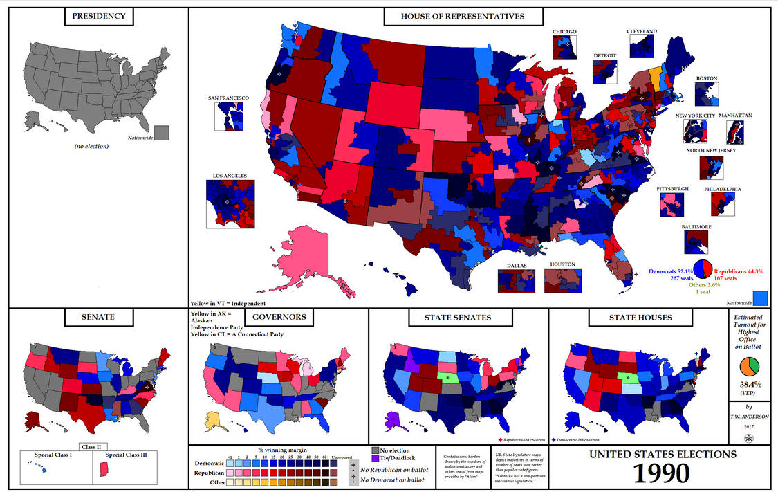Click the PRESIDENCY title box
99,17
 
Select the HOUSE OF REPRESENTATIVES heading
463,17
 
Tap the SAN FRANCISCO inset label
228,98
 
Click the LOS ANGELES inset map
230,203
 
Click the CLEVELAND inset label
642,32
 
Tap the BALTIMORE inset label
695,226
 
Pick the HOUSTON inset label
562,265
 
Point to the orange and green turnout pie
750,367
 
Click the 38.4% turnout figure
750,385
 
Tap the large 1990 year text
662,473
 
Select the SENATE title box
98,318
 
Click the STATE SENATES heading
459,318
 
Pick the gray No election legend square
376,450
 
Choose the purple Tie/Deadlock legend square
376,459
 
